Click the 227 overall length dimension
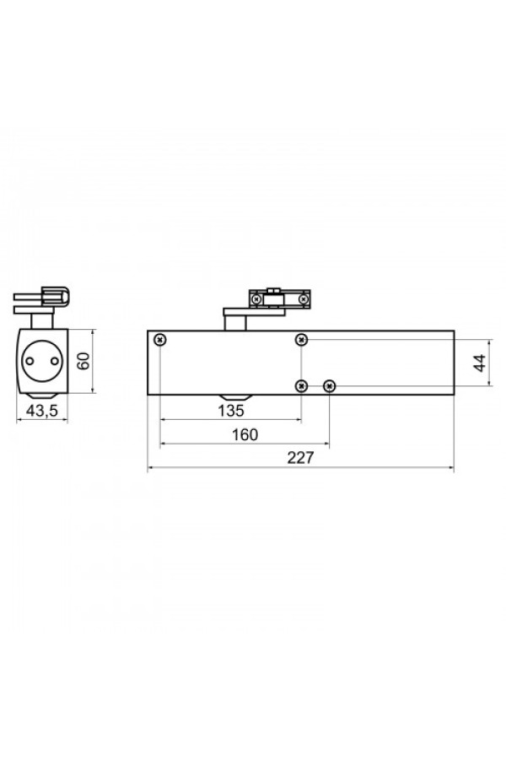pyautogui.click(x=300, y=457)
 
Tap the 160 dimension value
pyautogui.click(x=245, y=434)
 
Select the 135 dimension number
pyautogui.click(x=230, y=411)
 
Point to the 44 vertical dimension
pyautogui.click(x=479, y=363)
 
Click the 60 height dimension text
pyautogui.click(x=84, y=361)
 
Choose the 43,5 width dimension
pyautogui.click(x=42, y=411)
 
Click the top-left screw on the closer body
pyautogui.click(x=159, y=340)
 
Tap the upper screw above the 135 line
pyautogui.click(x=302, y=340)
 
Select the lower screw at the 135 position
pyautogui.click(x=302, y=385)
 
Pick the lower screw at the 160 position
pyautogui.click(x=330, y=385)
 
